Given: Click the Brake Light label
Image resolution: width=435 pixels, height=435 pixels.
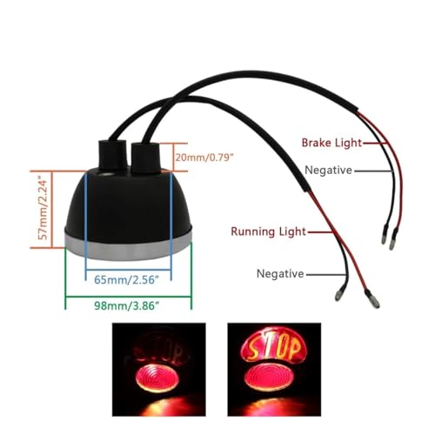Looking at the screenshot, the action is click(x=331, y=143).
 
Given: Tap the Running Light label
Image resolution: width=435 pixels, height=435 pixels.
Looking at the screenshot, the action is click(x=268, y=231).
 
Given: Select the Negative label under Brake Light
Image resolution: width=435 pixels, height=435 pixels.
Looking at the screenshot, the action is click(x=328, y=171).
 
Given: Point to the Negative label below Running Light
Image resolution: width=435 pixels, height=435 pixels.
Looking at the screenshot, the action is click(x=280, y=274).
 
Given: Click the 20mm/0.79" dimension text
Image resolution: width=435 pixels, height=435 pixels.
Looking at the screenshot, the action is click(x=204, y=157).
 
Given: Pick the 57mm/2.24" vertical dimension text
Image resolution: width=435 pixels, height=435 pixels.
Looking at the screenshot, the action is click(x=43, y=210).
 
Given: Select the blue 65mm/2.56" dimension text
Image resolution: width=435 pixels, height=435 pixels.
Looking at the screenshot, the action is click(x=127, y=280).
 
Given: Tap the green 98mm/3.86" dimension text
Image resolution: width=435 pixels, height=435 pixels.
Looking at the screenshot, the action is click(x=127, y=305).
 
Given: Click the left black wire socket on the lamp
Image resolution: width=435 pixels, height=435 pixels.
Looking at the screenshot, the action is click(x=113, y=155).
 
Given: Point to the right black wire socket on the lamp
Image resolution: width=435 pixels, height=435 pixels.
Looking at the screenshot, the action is click(x=145, y=157).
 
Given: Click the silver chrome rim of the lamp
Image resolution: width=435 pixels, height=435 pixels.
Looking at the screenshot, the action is click(x=128, y=245).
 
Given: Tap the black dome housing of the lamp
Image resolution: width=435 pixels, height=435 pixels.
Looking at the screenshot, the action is click(x=128, y=206).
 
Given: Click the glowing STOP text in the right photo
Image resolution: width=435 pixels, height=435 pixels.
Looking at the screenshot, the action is click(x=274, y=347).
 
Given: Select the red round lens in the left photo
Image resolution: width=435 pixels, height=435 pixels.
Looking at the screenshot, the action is click(x=157, y=378).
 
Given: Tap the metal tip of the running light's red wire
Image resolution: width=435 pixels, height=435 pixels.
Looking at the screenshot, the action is click(x=374, y=302).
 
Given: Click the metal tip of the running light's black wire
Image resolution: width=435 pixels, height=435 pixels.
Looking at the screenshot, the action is click(x=338, y=296).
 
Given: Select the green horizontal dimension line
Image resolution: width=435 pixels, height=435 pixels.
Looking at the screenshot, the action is click(x=129, y=297).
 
